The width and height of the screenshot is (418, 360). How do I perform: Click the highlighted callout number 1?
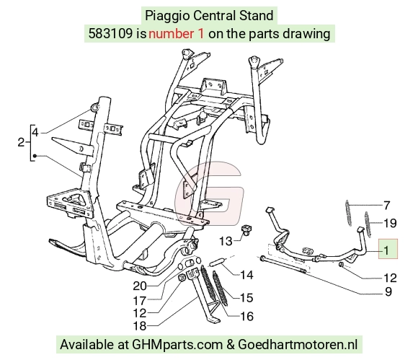[386, 250]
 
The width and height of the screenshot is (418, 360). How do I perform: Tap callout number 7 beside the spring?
[387, 205]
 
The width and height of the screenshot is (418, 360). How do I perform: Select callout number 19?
[390, 223]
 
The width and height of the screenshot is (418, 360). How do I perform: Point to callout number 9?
[388, 292]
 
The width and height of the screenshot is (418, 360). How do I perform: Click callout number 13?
[226, 241]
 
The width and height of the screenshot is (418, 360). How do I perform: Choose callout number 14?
[246, 275]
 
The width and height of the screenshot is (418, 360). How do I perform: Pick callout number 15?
[246, 297]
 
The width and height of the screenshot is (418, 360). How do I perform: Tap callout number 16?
[246, 317]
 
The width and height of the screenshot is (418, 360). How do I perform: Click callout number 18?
[140, 326]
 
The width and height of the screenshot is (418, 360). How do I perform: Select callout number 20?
[140, 286]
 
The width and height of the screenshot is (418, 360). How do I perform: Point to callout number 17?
[140, 301]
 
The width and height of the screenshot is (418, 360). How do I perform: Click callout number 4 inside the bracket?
[35, 132]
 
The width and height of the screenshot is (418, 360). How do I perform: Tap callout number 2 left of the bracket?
[21, 142]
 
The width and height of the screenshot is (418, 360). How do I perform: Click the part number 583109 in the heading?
[110, 34]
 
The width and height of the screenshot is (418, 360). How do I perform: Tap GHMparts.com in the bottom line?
[177, 345]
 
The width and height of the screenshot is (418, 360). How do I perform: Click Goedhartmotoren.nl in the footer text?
[298, 345]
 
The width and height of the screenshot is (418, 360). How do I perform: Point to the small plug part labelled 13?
[247, 230]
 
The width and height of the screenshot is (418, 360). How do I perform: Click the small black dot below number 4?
[35, 156]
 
